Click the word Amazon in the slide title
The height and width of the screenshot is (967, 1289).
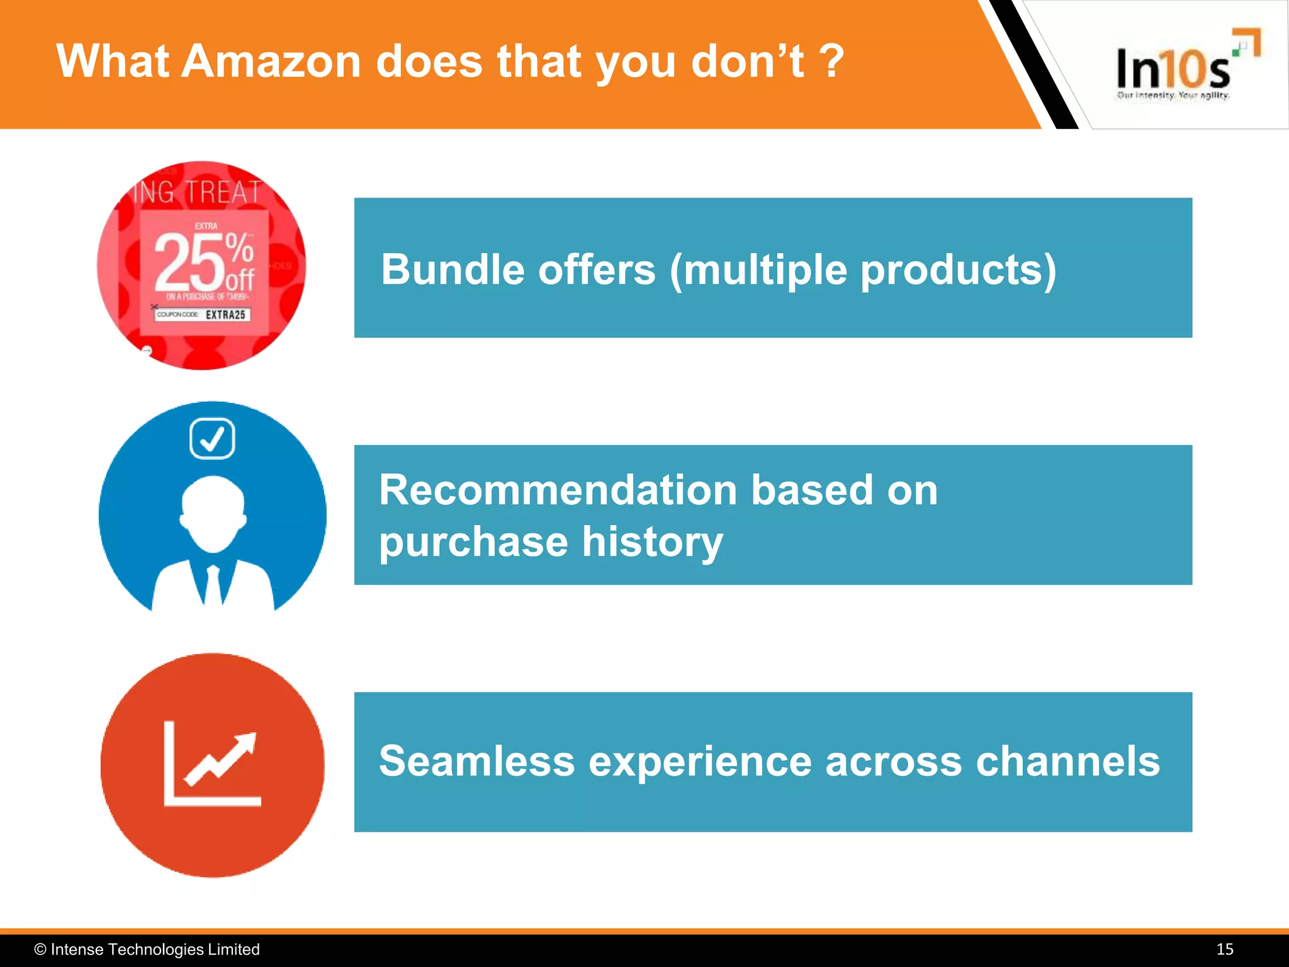click(x=271, y=62)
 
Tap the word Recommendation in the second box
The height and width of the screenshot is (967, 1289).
click(x=558, y=490)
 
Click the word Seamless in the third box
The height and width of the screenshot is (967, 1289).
click(x=476, y=761)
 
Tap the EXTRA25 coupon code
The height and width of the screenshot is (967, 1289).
click(x=225, y=314)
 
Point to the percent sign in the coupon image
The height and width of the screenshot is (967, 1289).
click(x=240, y=247)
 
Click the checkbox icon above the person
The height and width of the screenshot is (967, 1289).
click(x=212, y=438)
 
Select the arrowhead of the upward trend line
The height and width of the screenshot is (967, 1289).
click(x=246, y=743)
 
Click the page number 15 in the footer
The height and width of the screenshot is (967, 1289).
click(x=1224, y=949)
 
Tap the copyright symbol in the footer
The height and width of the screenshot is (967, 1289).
click(x=40, y=949)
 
